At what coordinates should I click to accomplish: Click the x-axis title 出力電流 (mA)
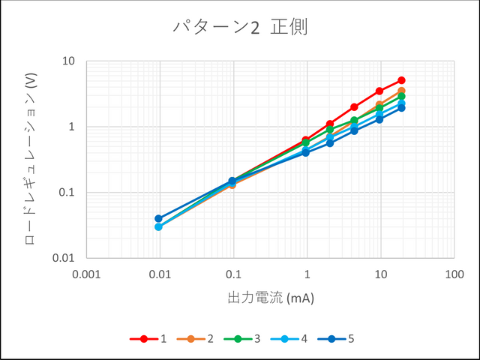[270, 298]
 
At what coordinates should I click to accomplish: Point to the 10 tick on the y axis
[68, 61]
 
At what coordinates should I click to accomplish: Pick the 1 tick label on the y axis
[72, 127]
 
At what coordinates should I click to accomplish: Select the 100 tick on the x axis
[454, 275]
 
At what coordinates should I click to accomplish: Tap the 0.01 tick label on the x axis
[159, 275]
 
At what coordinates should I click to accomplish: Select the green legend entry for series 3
[242, 339]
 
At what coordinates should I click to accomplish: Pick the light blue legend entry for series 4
[289, 339]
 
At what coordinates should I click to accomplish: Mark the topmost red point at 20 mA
[401, 80]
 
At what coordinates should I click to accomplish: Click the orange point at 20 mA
[401, 91]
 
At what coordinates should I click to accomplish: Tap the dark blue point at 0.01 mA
[158, 218]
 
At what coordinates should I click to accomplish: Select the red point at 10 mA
[379, 91]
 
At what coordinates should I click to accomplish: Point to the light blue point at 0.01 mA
[158, 226]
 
